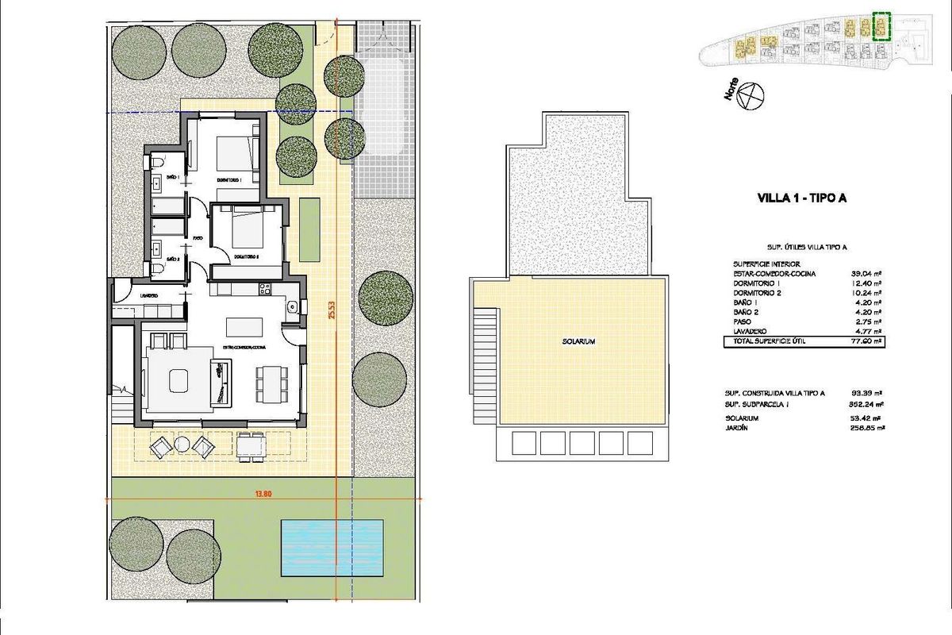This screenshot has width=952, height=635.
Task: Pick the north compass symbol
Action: pos(750,96)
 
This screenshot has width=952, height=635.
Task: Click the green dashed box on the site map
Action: pos(881,26)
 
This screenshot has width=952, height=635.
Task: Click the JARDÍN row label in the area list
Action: pos(736,429)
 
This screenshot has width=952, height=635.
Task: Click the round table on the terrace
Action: pos(182,445)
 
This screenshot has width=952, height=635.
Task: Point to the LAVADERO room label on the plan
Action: pos(148,296)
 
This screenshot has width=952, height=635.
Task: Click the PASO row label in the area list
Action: pos(734,322)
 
